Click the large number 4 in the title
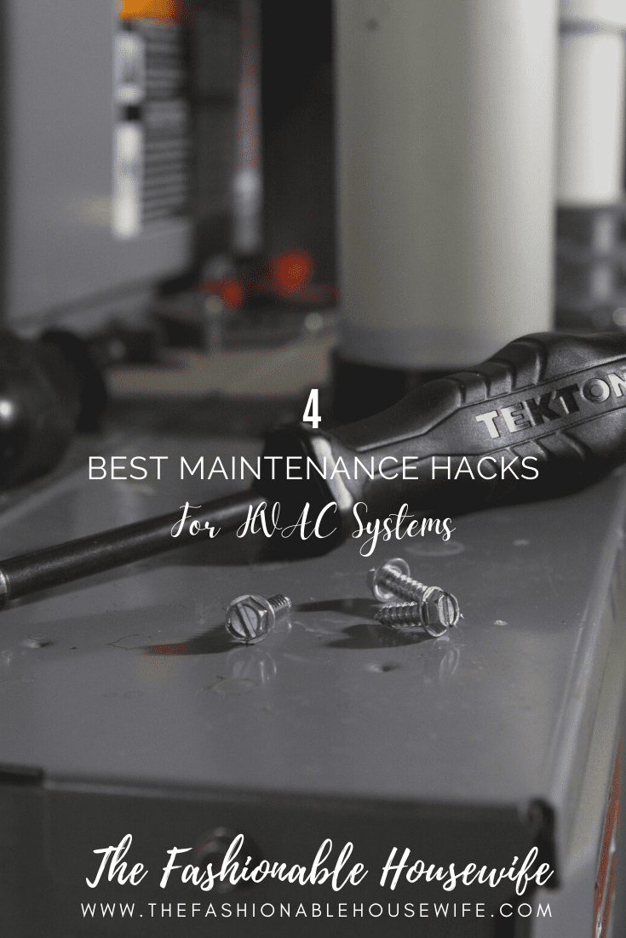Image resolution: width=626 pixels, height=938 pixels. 313,414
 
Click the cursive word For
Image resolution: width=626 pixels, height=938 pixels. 196,525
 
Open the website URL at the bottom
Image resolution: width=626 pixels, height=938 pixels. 316,910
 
